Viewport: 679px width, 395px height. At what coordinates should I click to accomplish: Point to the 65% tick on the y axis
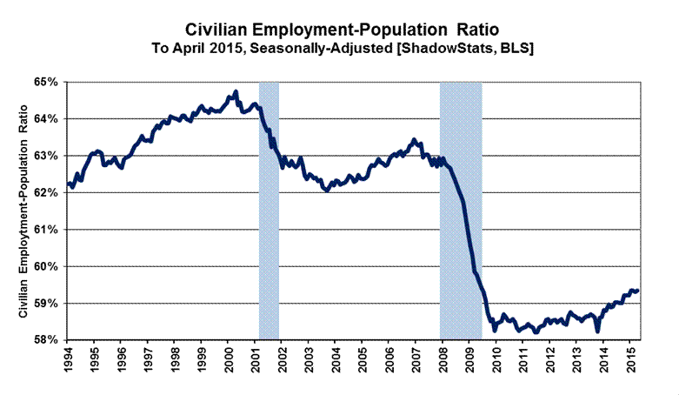tap(45, 82)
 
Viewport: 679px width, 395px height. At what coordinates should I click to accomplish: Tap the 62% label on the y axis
tap(45, 192)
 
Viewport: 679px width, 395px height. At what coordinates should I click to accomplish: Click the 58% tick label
tap(45, 340)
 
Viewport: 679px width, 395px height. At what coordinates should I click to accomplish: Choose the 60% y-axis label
tap(45, 266)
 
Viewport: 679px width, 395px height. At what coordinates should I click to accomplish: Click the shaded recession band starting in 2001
tap(269, 209)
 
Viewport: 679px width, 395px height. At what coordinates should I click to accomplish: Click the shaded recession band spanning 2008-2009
tap(461, 209)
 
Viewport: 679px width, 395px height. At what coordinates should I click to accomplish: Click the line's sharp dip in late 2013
tap(597, 331)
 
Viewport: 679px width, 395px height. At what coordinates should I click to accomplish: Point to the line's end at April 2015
tap(638, 291)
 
